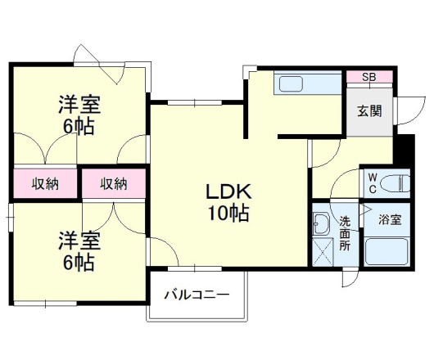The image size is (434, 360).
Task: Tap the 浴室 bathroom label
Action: tap(390, 220)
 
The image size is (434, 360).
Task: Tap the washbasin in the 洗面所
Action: tap(321, 224)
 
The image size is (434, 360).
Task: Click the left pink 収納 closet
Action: tap(46, 183)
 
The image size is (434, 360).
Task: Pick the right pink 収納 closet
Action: tap(113, 183)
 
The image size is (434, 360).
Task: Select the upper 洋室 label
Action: tap(79, 105)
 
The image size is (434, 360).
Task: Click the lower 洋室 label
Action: tap(79, 241)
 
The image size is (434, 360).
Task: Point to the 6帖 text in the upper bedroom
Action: tap(79, 127)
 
